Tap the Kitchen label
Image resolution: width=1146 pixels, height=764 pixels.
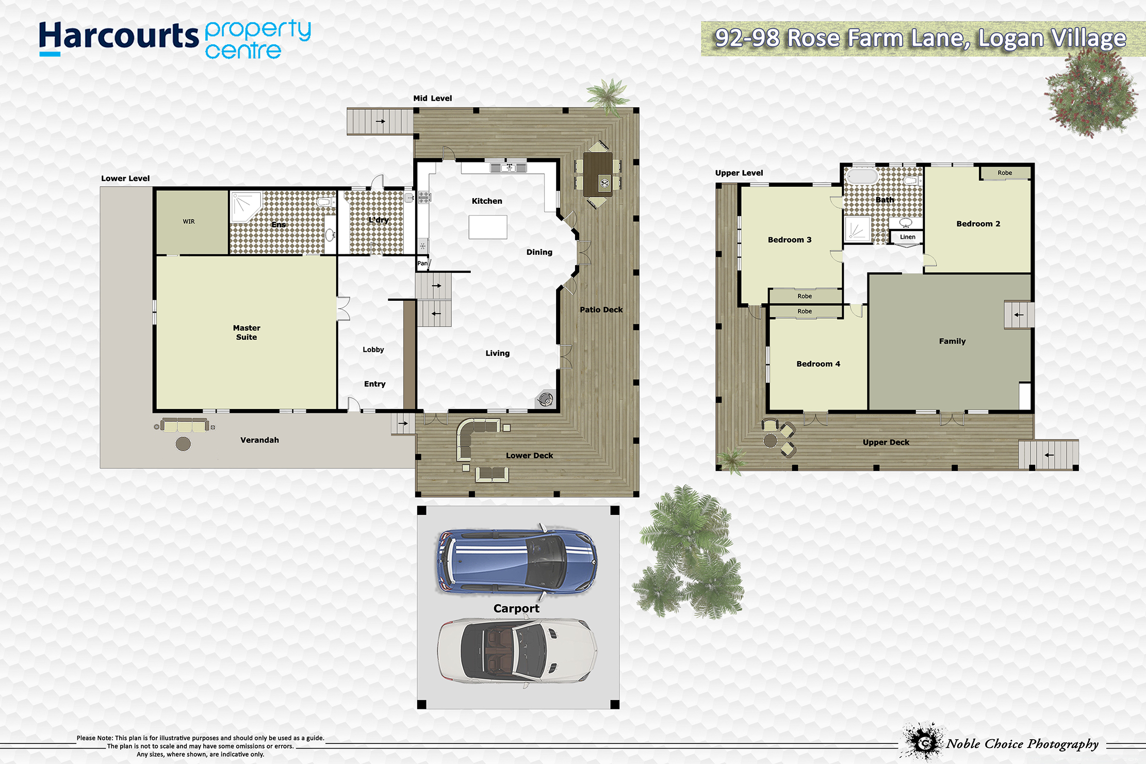point(486,201)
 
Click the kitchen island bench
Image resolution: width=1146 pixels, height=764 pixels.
point(488,227)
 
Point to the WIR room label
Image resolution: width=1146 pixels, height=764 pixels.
point(189,222)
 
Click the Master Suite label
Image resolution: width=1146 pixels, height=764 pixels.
point(247,332)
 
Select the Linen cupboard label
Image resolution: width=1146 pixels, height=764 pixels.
point(907,237)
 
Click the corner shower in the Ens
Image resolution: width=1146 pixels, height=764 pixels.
point(245,206)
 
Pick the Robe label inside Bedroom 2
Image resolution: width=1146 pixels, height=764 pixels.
point(1004,173)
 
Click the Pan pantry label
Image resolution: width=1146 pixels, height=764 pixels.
point(422,264)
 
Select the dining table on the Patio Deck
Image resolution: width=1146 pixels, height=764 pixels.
point(598,174)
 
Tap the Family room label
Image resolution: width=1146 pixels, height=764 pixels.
point(952,342)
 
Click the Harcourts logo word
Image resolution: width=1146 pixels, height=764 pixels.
point(119,37)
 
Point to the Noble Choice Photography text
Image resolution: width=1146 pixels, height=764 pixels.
point(1022,744)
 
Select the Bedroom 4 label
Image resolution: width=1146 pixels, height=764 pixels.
point(818,364)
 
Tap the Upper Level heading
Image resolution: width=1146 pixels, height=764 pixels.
point(739,173)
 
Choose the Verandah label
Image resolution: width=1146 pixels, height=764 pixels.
point(259,440)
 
